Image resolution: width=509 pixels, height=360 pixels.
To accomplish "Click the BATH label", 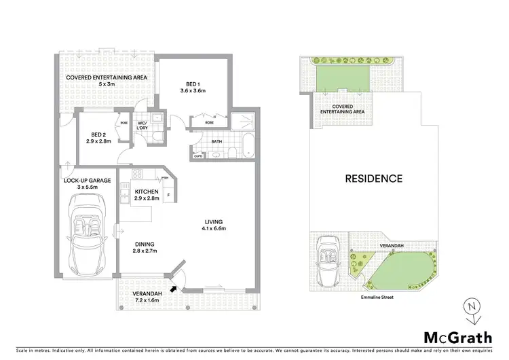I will (216, 142).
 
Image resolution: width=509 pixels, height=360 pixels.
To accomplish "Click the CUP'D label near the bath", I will (197, 156).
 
